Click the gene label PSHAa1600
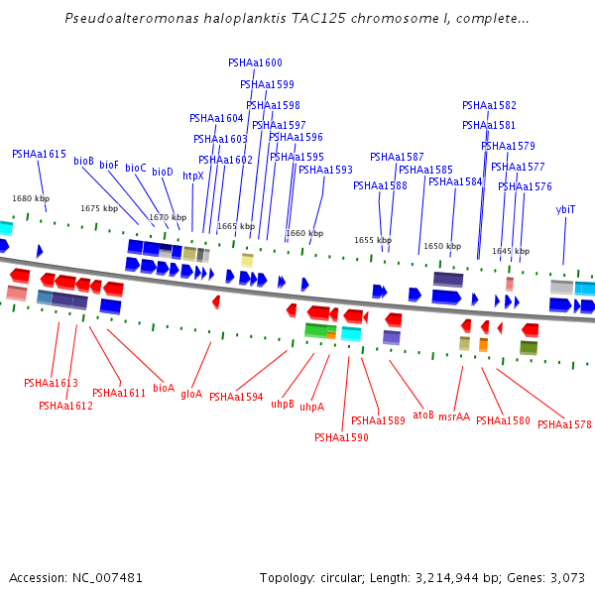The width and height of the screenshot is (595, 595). [x=255, y=62]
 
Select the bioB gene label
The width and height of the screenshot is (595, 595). [x=83, y=161]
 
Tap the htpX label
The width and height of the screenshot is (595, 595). [x=193, y=176]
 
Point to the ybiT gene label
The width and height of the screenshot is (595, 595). [x=565, y=209]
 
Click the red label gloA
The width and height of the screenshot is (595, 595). [x=191, y=395]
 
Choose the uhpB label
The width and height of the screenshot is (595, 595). [x=283, y=404]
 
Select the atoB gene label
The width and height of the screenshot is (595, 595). [x=423, y=415]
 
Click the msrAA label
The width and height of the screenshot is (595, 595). [x=454, y=416]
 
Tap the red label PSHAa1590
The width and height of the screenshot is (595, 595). [x=341, y=437]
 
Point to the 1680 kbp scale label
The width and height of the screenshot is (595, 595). [x=31, y=198]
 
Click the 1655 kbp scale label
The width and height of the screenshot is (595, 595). [x=373, y=240]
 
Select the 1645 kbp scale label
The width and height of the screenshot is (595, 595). [x=511, y=251]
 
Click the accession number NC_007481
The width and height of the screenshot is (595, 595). [x=107, y=578]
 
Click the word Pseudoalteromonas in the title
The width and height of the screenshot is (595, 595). [x=132, y=18]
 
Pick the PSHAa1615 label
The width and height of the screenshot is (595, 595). [x=39, y=154]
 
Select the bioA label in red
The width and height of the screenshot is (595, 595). [x=164, y=388]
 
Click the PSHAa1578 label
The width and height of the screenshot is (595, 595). [x=564, y=424]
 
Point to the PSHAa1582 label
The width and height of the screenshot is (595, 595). [x=489, y=105]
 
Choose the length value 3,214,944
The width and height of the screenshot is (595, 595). [x=447, y=578]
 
